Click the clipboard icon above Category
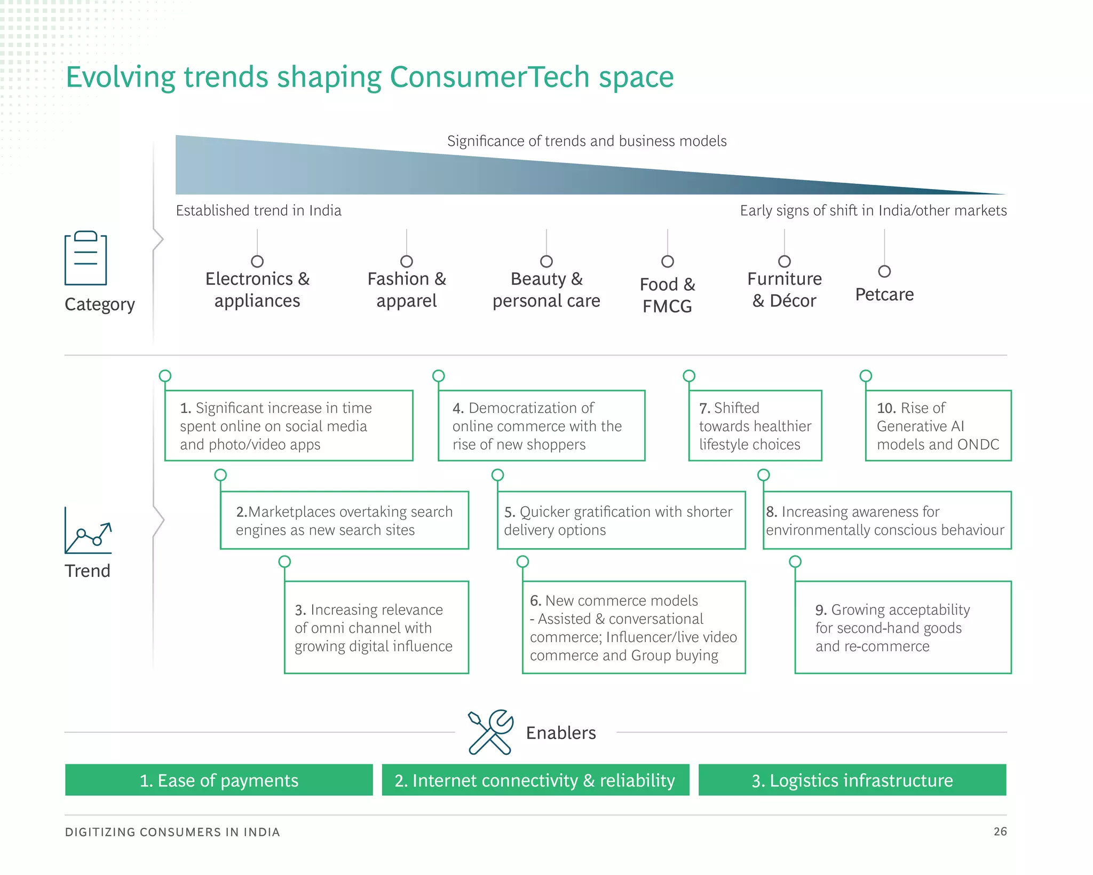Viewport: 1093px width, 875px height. tap(86, 259)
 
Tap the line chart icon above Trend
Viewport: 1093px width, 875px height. tap(88, 531)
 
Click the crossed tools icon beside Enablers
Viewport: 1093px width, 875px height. tap(490, 732)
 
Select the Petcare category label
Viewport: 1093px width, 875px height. tap(884, 294)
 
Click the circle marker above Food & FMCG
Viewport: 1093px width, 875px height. tap(667, 261)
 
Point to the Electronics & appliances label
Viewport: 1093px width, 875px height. tap(257, 290)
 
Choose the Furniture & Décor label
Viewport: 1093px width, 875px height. tap(784, 290)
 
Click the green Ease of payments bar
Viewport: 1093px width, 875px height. tap(219, 780)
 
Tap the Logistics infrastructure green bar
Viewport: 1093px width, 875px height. tap(852, 780)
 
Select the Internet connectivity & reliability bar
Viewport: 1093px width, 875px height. tap(535, 780)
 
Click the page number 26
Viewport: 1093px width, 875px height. tap(1000, 831)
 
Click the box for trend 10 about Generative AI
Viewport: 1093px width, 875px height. tap(938, 426)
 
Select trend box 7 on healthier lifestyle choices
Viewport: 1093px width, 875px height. tap(755, 426)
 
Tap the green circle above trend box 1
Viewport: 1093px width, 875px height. tap(165, 376)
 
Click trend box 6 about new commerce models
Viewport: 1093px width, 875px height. tap(633, 627)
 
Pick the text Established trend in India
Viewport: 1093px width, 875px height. tap(258, 210)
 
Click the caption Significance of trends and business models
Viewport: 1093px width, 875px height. tap(587, 141)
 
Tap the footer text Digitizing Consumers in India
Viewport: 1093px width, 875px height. tap(172, 832)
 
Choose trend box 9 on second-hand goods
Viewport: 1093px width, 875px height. tap(902, 627)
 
